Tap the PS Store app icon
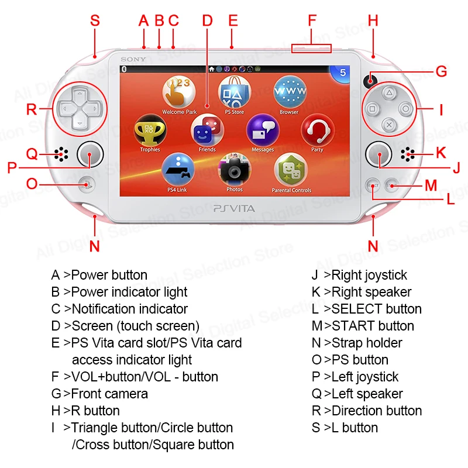(x=235, y=91)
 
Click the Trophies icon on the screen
(x=150, y=129)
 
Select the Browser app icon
(x=288, y=91)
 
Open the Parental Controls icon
(x=291, y=170)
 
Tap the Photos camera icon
(x=235, y=170)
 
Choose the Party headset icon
(x=317, y=129)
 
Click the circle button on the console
(x=405, y=108)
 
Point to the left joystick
(x=90, y=154)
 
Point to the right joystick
(x=378, y=154)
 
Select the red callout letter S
(x=95, y=20)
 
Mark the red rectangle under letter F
(x=312, y=48)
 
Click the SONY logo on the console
(x=133, y=59)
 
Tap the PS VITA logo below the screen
(x=234, y=208)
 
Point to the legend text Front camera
(x=109, y=394)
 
